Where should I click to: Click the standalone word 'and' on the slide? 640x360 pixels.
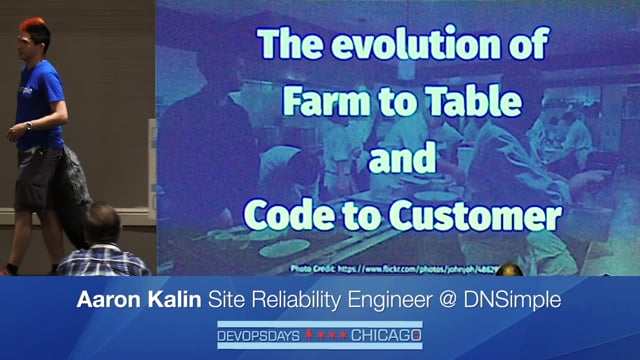(x=403, y=158)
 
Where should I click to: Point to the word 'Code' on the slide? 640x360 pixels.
(x=290, y=214)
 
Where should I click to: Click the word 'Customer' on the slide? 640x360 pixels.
(x=476, y=214)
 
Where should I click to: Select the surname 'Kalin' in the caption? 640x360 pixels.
(x=178, y=301)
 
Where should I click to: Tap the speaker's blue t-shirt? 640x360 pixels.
(x=40, y=100)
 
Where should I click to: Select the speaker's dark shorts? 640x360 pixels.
(x=38, y=175)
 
